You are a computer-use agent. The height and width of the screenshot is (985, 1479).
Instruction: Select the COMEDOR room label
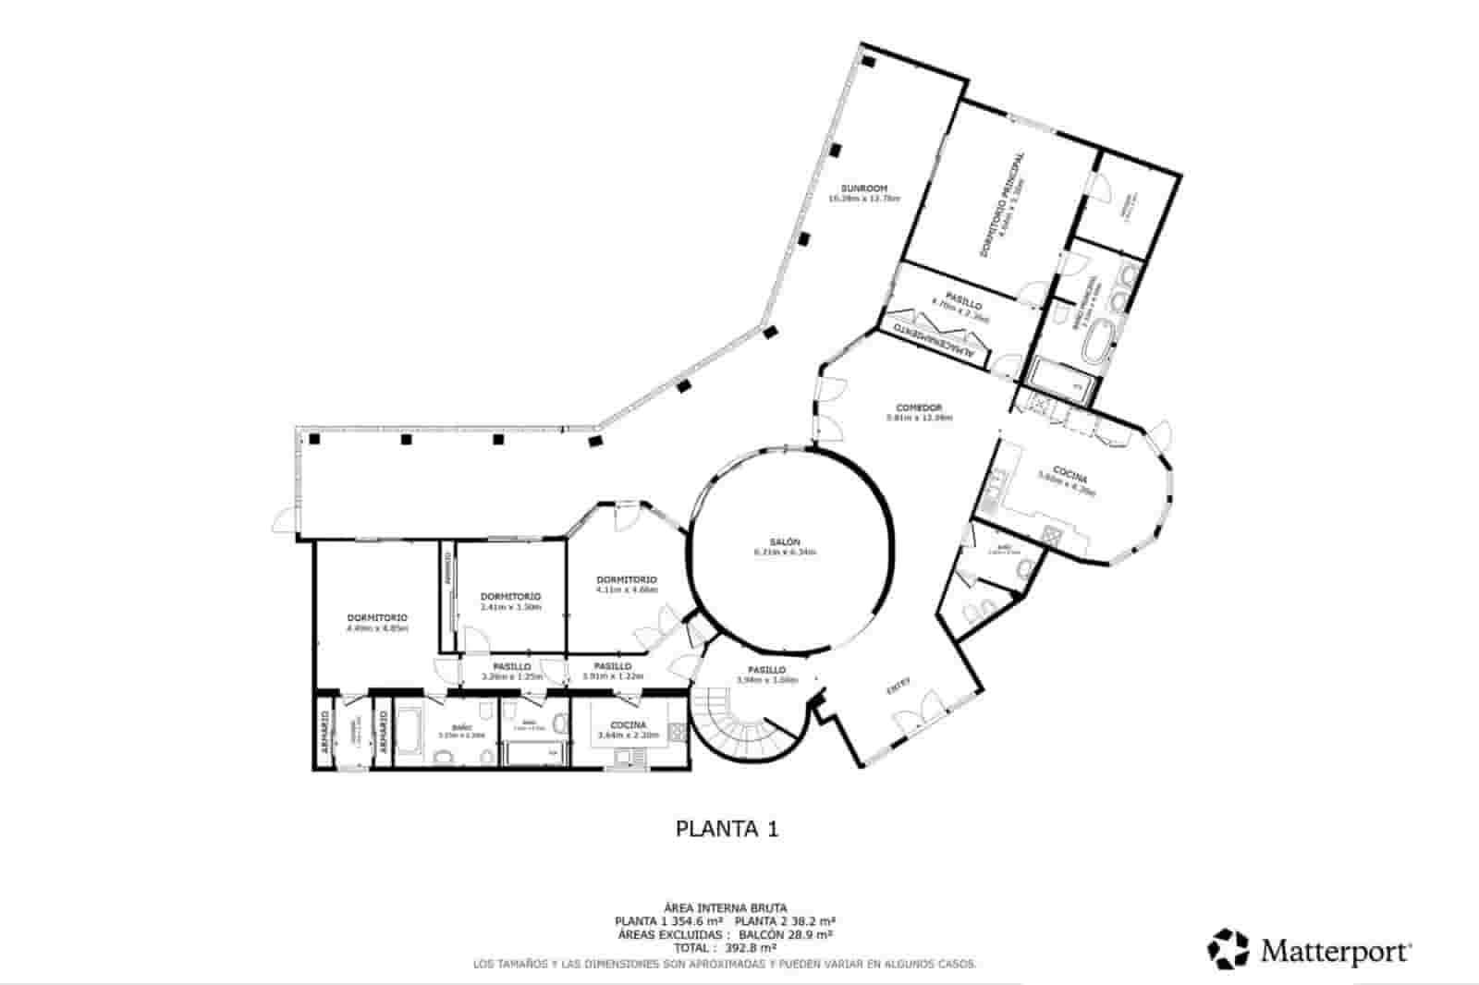tap(918, 407)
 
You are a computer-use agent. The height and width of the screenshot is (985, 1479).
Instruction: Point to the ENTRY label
tap(898, 686)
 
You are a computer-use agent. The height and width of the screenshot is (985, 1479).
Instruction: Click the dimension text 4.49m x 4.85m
tap(377, 628)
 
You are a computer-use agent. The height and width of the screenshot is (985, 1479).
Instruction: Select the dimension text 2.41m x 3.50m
tap(510, 607)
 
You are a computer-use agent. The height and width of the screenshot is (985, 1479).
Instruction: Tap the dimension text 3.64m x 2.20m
tap(629, 736)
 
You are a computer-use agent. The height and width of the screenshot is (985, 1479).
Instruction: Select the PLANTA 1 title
tap(727, 829)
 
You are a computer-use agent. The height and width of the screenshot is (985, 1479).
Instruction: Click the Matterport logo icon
tap(1228, 949)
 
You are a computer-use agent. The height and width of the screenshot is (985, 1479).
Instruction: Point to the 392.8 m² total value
tap(750, 947)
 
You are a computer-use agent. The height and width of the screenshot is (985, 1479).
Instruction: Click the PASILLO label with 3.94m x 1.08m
tap(766, 670)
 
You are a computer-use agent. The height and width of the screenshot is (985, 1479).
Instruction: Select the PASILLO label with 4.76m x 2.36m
tap(962, 304)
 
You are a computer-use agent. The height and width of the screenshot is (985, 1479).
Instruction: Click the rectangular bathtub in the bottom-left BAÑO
tap(410, 728)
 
